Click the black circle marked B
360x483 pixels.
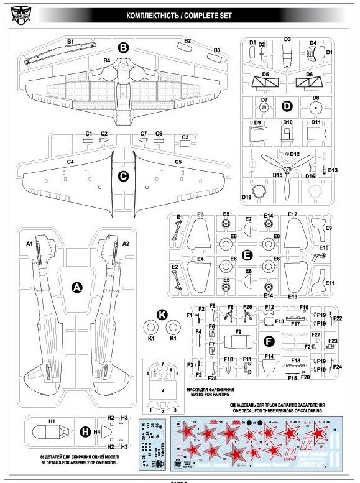click(x=123, y=47)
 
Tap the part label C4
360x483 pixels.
click(x=70, y=162)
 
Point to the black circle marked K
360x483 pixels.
click(x=161, y=315)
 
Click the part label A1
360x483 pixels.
click(x=29, y=243)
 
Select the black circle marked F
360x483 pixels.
click(x=269, y=341)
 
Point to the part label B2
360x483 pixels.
click(x=187, y=41)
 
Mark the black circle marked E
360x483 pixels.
click(x=247, y=255)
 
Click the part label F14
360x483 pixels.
click(x=269, y=356)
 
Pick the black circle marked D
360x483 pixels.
click(x=287, y=106)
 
